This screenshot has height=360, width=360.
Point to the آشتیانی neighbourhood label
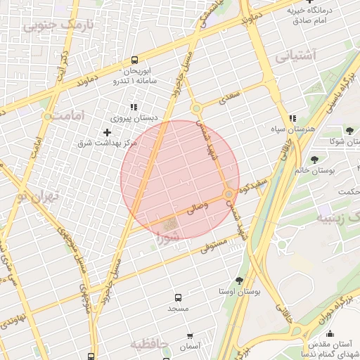click(x=296, y=55)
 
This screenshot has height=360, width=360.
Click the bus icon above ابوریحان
click(x=134, y=60)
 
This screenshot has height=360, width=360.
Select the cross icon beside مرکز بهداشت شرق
click(x=107, y=132)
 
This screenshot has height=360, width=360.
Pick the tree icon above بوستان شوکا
click(x=349, y=131)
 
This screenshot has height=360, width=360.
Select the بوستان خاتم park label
click(x=330, y=170)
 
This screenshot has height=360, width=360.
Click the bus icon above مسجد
click(x=178, y=297)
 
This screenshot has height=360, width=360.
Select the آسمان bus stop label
click(x=190, y=347)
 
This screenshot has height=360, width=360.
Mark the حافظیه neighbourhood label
click(x=150, y=345)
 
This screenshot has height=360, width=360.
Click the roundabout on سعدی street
click(x=197, y=108)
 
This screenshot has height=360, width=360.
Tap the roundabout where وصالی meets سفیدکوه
click(x=229, y=193)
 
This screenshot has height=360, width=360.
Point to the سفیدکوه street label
click(x=255, y=185)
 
